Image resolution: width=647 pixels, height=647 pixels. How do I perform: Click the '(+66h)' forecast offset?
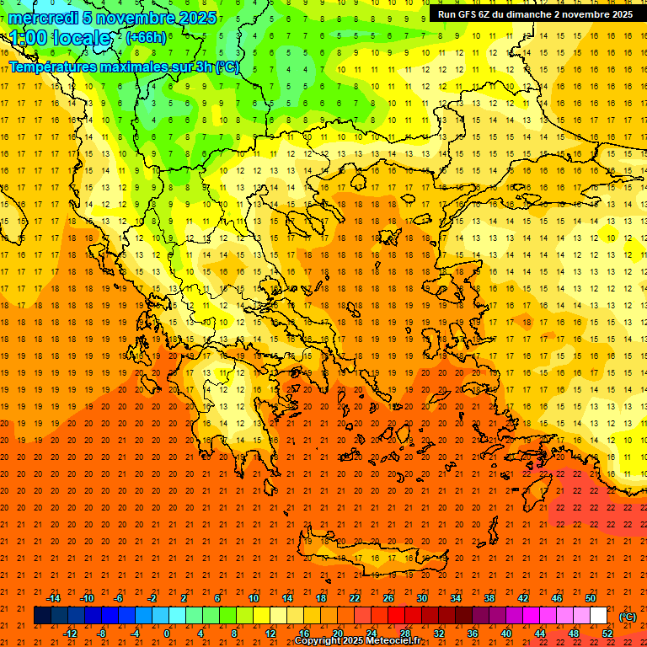[x=146, y=38]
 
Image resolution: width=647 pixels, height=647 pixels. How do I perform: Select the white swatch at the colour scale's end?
[x=598, y=616]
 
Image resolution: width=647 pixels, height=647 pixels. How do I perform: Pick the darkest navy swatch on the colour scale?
[x=42, y=616]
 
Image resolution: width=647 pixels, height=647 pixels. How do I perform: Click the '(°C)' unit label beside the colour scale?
[x=628, y=617]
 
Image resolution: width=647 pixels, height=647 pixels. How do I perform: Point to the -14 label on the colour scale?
[x=53, y=598]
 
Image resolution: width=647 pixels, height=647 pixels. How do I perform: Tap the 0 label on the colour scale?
[x=166, y=634]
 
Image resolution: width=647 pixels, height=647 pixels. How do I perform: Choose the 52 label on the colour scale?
[x=607, y=634]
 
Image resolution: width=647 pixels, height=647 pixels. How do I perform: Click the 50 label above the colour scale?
[x=591, y=598]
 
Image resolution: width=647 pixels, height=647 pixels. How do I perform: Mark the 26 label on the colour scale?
[x=388, y=598]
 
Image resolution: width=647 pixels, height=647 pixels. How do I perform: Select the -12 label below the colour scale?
[x=70, y=634]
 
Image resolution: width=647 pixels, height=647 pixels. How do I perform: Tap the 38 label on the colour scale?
[x=489, y=598]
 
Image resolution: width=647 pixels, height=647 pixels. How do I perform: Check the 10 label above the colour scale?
[x=254, y=598]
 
